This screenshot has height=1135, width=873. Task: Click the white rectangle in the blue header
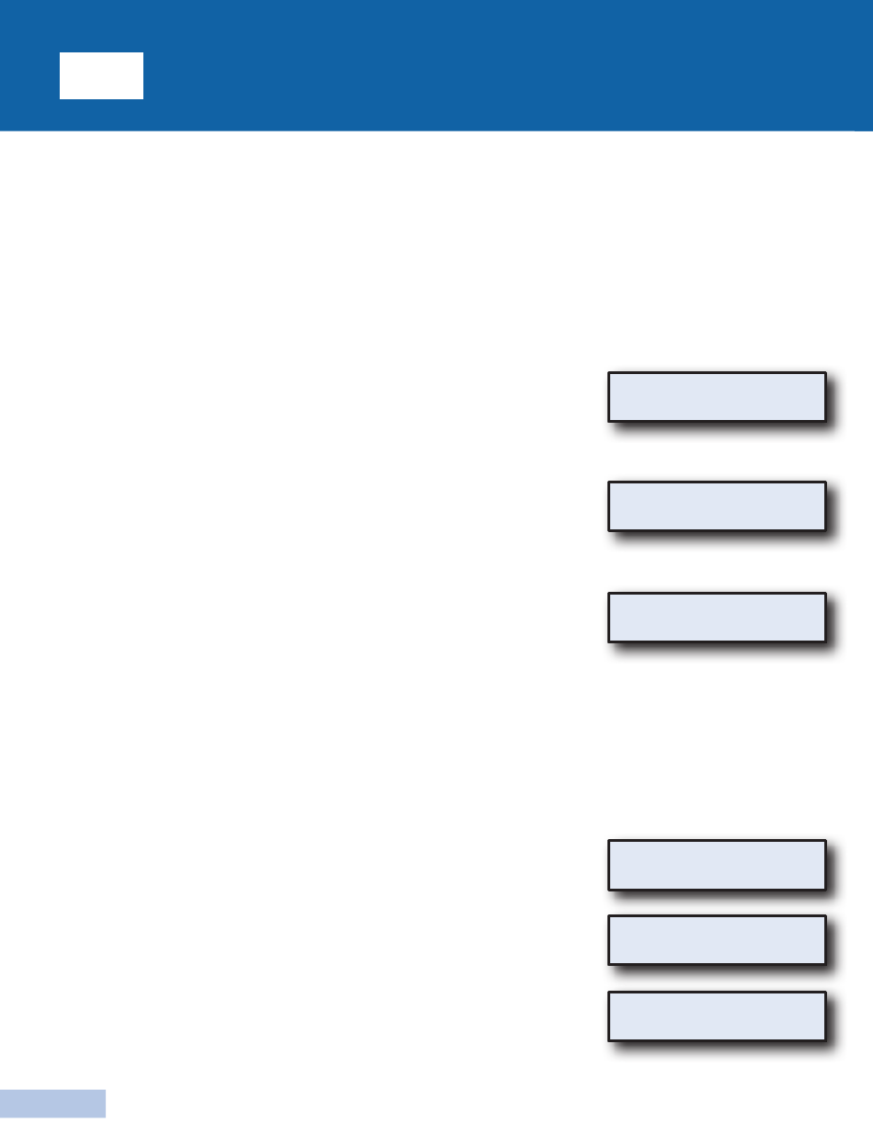(101, 75)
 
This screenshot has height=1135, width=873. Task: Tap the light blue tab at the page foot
(52, 1103)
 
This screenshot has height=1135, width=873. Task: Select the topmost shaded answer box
(717, 397)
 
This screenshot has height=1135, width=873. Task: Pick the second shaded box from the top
(717, 506)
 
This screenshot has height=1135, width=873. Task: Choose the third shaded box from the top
(717, 618)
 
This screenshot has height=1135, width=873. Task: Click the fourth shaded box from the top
(717, 865)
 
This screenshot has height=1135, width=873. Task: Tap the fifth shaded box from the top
(717, 940)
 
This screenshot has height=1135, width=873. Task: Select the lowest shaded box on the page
(717, 1016)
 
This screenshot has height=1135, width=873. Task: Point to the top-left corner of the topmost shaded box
(608, 372)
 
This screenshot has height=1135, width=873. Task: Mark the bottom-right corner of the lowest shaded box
(825, 1040)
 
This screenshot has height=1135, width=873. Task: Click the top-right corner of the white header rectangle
(143, 52)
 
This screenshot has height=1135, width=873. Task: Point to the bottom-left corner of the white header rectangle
(60, 98)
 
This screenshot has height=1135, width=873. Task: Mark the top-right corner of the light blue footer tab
(106, 1090)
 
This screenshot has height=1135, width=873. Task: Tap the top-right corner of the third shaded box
(825, 594)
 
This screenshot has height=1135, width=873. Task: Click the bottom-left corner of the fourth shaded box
(608, 890)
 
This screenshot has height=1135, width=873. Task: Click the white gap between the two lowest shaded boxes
(717, 978)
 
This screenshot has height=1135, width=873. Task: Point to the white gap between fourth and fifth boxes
(717, 902)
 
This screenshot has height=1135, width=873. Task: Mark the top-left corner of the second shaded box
(608, 482)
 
